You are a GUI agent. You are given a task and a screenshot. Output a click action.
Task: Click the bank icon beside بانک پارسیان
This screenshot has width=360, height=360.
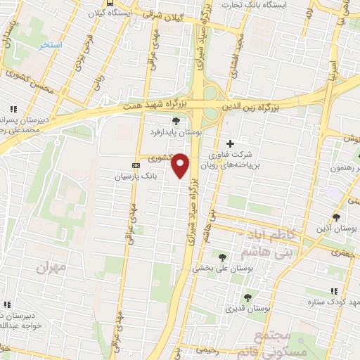(x=136, y=166)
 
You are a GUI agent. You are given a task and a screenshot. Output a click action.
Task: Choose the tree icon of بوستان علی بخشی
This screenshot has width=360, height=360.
(x=223, y=257)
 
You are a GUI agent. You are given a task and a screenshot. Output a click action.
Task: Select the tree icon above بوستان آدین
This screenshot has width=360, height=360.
(x=336, y=217)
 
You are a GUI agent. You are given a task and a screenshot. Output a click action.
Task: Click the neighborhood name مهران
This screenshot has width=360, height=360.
(x=53, y=267)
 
